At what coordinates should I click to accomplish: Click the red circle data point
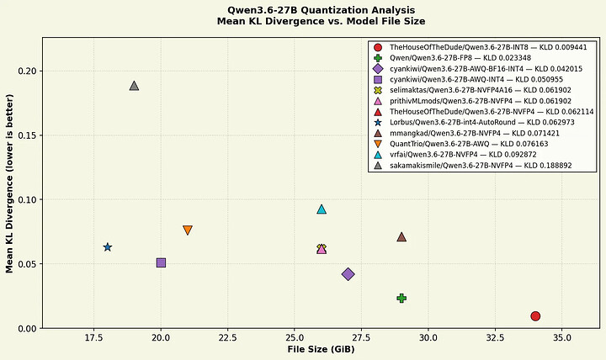(535, 316)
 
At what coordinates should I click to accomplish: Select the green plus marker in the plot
(401, 299)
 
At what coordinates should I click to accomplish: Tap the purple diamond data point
(348, 274)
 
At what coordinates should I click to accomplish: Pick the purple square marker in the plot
(161, 263)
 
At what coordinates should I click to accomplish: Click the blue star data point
(108, 247)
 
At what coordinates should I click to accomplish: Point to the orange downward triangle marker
(188, 230)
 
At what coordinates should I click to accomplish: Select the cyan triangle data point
(322, 209)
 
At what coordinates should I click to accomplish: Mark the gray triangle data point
(134, 86)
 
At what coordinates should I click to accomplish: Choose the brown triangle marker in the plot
(401, 237)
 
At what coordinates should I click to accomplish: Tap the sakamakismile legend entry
(473, 166)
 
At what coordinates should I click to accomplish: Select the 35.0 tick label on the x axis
(562, 338)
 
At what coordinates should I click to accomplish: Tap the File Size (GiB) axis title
(321, 350)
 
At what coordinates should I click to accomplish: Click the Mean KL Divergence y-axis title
(9, 183)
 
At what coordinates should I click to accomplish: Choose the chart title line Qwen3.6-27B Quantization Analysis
(322, 10)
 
